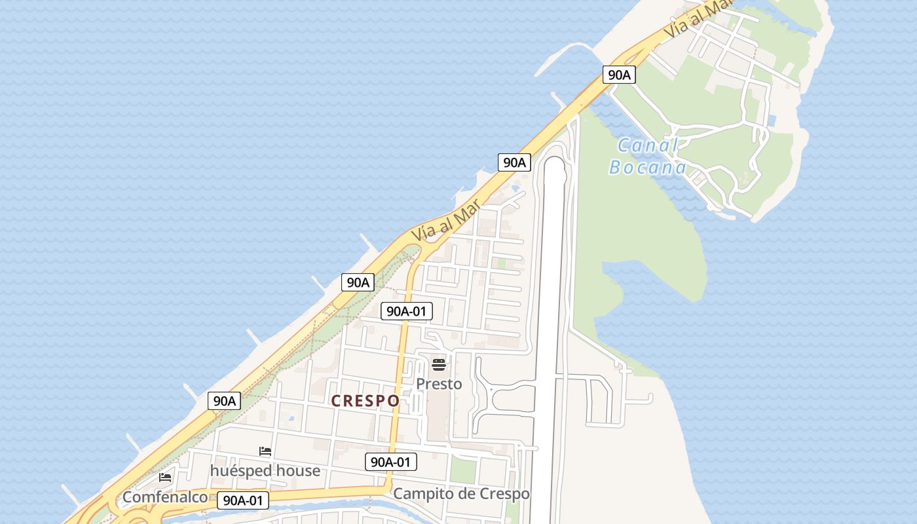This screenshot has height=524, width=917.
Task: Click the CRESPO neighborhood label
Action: click(365, 401)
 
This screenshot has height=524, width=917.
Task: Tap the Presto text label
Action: click(439, 384)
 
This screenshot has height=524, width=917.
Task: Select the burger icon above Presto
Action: click(439, 364)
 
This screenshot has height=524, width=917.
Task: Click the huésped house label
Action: click(265, 471)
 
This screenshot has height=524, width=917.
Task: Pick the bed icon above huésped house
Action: click(265, 451)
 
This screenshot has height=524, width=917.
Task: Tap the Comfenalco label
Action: click(165, 497)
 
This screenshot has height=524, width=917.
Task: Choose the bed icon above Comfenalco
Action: click(165, 477)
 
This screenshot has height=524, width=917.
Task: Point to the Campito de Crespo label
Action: click(461, 493)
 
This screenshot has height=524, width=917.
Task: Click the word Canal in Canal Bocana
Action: click(648, 145)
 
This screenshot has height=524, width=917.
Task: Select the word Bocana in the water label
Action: click(648, 168)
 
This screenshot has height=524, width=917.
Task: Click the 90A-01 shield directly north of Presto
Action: click(407, 311)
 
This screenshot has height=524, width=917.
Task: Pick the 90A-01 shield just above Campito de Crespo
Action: click(391, 462)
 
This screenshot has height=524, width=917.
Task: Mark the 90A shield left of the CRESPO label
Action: click(224, 401)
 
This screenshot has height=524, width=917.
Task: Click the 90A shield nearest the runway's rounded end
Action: click(514, 162)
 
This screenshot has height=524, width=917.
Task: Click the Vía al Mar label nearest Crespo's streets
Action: click(443, 221)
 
